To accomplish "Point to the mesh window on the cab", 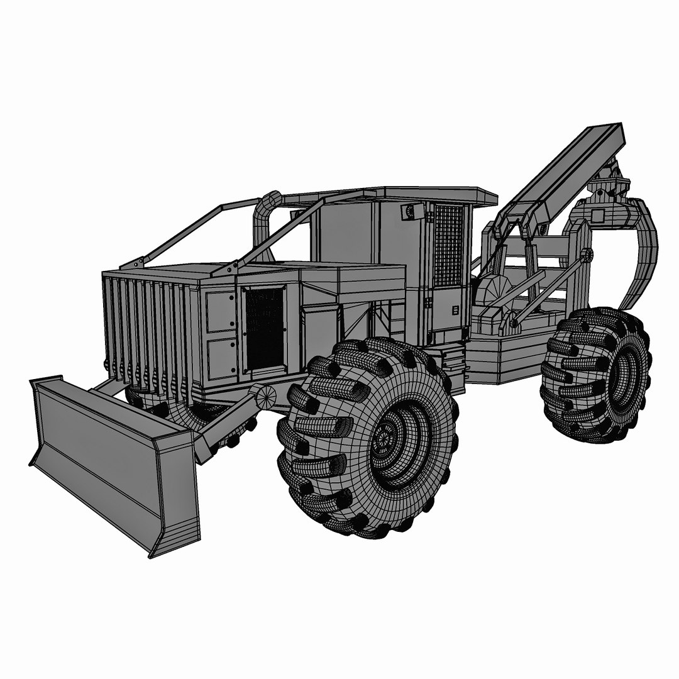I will (448, 245).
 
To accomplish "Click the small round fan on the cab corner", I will (409, 212).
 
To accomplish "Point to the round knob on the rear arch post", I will (587, 255).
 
